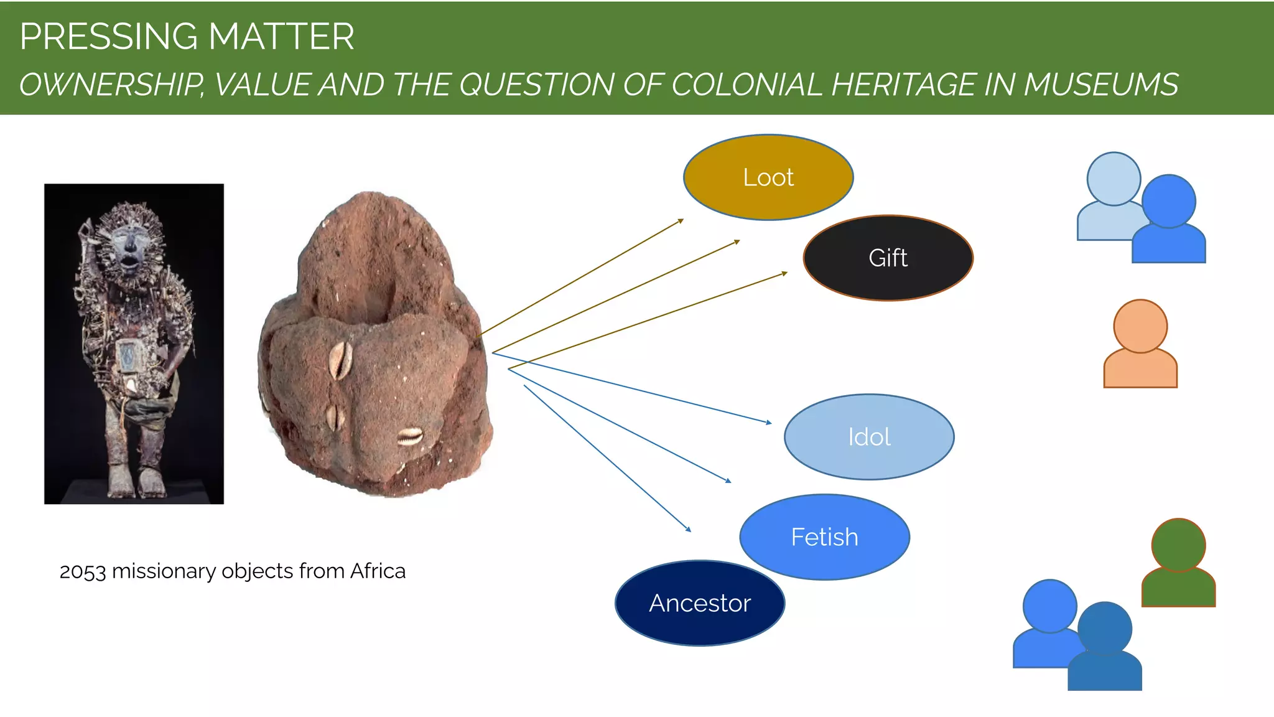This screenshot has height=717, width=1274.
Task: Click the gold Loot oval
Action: click(768, 177)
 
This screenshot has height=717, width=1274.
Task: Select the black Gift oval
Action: click(888, 258)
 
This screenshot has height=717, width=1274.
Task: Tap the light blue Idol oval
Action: click(869, 437)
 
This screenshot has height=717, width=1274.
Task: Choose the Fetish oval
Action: click(824, 537)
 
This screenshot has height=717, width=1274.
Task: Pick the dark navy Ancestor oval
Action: click(700, 603)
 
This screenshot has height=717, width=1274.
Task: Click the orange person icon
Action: click(1140, 345)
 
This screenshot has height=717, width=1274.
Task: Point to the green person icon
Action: click(1178, 563)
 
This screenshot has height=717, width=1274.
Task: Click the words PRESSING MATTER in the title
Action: click(187, 37)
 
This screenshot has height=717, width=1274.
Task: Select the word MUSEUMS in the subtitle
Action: click(1100, 85)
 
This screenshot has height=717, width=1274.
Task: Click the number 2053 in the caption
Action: click(83, 571)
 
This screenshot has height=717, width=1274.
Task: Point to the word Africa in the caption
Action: click(378, 571)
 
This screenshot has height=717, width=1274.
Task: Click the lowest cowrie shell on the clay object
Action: click(410, 437)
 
